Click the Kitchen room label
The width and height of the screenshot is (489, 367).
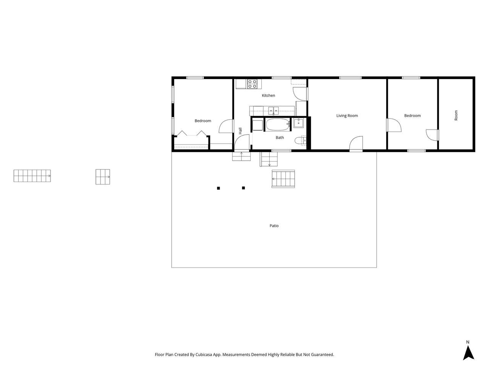point(268,95)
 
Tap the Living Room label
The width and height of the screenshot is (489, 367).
point(347,116)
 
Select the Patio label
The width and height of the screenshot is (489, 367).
point(274,226)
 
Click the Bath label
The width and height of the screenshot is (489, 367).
point(280,138)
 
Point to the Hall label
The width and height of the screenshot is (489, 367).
point(240,131)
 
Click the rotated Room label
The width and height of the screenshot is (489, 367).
point(456,115)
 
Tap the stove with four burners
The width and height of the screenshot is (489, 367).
point(252,84)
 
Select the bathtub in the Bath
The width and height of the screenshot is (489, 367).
point(278,125)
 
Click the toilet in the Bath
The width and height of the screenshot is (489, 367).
point(301,141)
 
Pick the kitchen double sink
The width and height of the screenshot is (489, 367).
point(274,110)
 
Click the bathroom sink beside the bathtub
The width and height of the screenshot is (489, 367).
point(298,123)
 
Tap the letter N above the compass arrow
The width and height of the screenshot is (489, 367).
point(468,342)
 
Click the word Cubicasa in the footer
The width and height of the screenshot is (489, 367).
point(203,354)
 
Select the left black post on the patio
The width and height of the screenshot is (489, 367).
point(218,188)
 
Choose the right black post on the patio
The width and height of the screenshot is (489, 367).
point(243,188)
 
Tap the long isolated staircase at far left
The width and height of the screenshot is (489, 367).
point(32,176)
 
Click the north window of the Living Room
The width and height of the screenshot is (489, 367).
point(350,78)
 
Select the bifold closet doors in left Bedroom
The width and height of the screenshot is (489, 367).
point(192,133)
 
